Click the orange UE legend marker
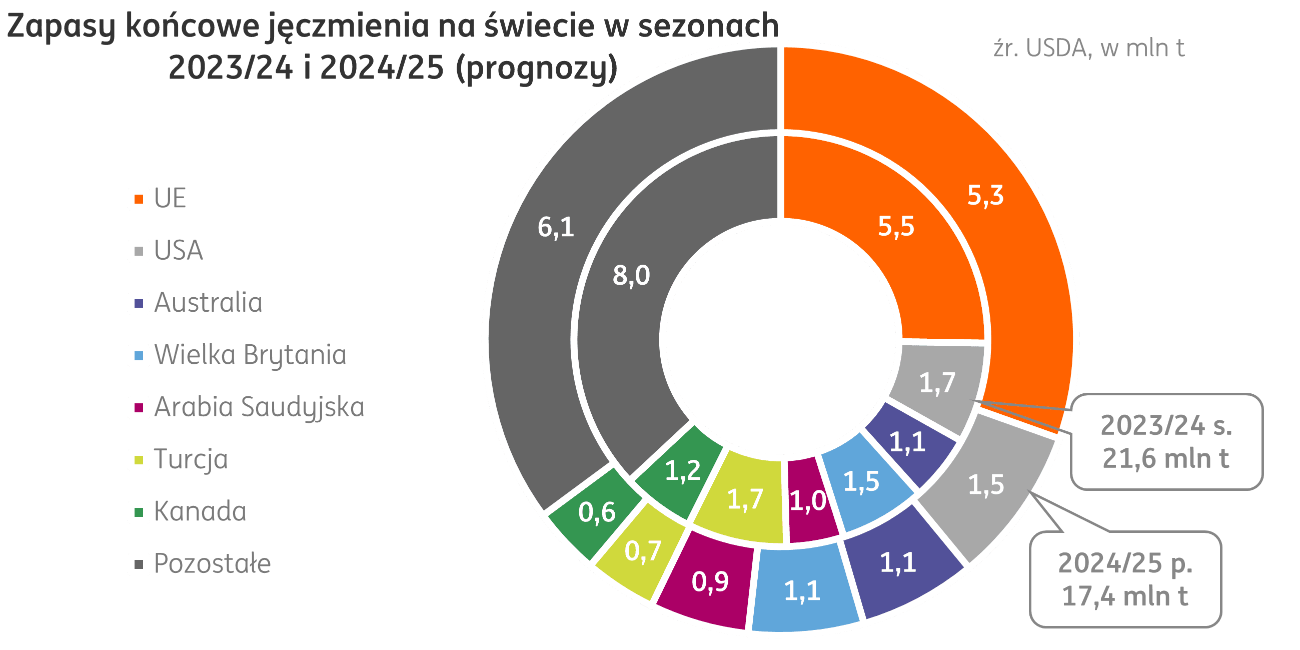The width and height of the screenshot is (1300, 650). click(138, 199)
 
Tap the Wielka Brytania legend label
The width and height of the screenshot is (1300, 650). click(250, 355)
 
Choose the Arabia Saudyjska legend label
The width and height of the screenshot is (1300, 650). click(259, 407)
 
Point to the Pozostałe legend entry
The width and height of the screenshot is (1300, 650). click(212, 564)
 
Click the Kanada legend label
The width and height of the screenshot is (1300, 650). click(200, 511)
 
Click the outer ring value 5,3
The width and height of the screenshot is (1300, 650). click(985, 195)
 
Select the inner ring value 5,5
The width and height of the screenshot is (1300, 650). click(896, 226)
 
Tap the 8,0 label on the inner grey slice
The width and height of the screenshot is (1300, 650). click(631, 276)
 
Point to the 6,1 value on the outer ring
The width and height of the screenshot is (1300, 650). click(556, 227)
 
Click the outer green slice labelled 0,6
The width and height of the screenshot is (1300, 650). click(597, 513)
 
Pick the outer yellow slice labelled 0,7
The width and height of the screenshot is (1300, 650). click(642, 551)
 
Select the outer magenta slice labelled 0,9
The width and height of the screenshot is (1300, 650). click(710, 582)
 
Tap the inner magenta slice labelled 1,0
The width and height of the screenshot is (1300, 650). click(807, 501)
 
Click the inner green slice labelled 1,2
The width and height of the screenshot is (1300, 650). click(682, 471)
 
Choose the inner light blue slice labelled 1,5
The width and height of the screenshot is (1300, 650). click(861, 481)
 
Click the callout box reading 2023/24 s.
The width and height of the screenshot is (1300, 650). click(1166, 442)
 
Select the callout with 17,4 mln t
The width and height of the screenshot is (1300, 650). click(1125, 580)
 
